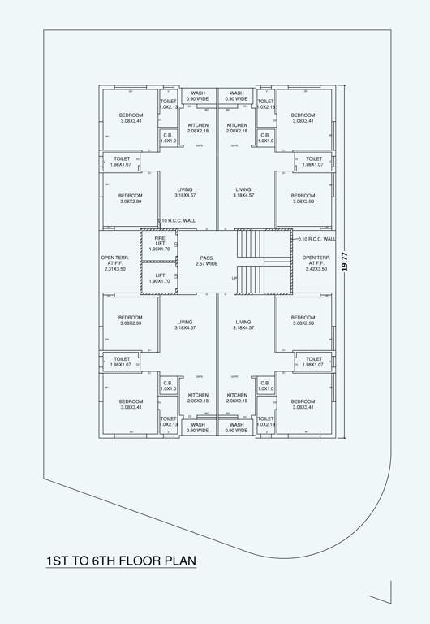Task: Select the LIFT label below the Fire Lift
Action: tap(160, 275)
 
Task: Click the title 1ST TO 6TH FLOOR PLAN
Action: tap(121, 561)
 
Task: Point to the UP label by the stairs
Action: tap(234, 278)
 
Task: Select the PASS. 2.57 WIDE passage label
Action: tap(206, 261)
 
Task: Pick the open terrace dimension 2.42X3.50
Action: tap(315, 268)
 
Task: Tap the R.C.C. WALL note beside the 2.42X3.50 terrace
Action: tap(316, 239)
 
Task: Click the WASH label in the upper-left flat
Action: tap(198, 93)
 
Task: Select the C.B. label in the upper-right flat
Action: tap(264, 135)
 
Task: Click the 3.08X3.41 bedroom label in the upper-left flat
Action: tap(130, 121)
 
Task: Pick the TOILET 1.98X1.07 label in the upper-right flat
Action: tap(314, 162)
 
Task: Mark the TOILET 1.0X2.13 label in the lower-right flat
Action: tap(265, 421)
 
